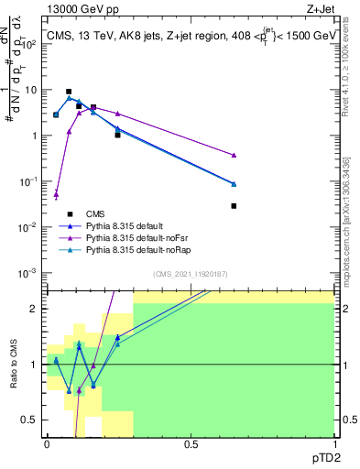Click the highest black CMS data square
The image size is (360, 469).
click(x=69, y=92)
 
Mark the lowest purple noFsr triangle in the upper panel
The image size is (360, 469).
click(x=56, y=194)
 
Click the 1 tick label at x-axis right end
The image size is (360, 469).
click(x=334, y=443)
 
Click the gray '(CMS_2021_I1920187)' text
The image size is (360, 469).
click(x=191, y=274)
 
